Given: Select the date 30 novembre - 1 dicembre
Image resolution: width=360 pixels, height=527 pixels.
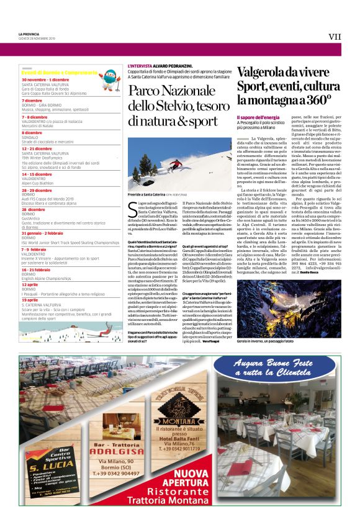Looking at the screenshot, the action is pos(46,80).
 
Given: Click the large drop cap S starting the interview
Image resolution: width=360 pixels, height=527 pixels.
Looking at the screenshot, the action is pos(131,207).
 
